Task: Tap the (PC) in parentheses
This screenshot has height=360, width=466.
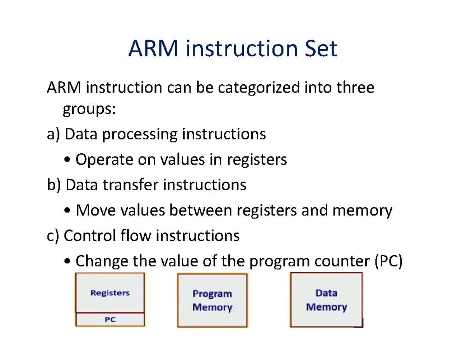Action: [388, 261]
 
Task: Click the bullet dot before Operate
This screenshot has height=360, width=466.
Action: [68, 160]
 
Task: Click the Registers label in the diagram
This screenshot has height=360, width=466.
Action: [110, 294]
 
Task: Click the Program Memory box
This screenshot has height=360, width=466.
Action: [212, 300]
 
